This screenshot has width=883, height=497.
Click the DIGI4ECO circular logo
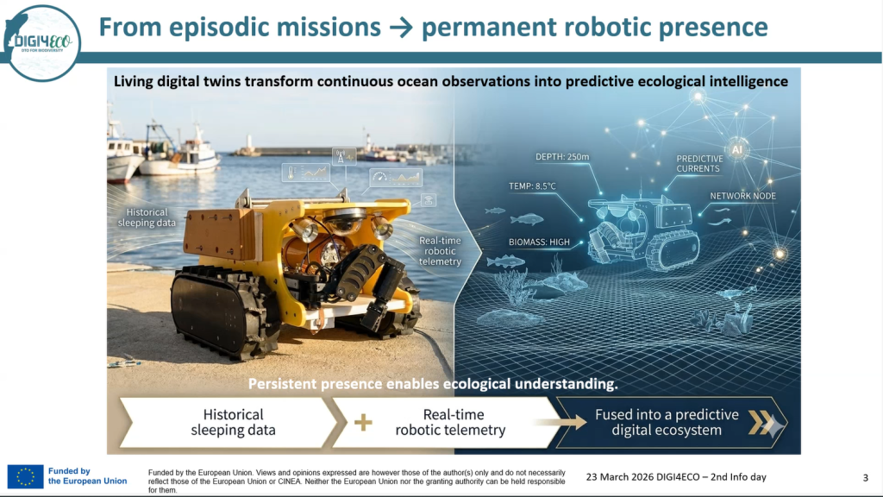41,43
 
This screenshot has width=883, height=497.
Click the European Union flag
25,476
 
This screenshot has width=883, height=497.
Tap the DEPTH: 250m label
562,157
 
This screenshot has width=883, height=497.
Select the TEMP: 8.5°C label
532,186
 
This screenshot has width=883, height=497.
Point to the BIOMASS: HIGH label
539,242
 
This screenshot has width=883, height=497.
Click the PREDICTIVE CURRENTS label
699,163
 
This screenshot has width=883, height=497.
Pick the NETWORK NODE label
742,196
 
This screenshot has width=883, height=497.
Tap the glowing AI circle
736,150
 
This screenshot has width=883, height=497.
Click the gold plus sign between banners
363,422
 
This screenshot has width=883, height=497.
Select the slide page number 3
866,478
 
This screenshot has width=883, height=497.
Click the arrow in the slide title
401,28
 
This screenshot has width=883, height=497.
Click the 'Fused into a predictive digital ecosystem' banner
671,423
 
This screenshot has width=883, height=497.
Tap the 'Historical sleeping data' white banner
229,423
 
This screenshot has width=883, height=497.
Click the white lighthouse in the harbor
248,144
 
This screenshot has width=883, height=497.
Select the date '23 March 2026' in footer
620,477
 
